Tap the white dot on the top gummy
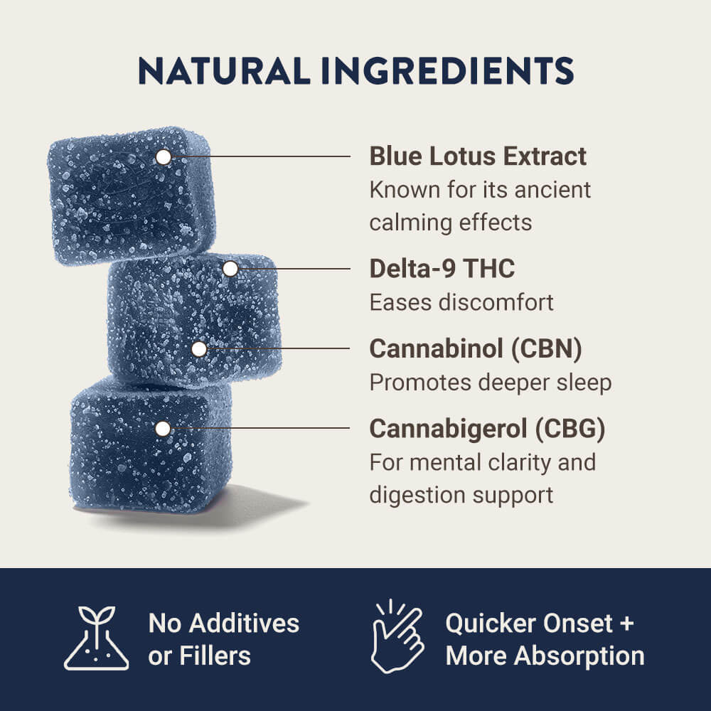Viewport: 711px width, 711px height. point(164,157)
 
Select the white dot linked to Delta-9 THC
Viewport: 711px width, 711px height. point(230,269)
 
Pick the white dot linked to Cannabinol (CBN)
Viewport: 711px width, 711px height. point(199,349)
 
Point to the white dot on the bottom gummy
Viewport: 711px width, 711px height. point(163,429)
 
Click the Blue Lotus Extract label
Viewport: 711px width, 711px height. point(478,156)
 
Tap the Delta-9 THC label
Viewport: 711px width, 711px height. point(442,269)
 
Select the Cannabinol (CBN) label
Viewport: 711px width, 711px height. point(476,349)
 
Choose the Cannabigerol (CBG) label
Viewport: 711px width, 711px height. point(487,429)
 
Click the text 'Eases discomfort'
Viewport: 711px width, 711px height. point(461,302)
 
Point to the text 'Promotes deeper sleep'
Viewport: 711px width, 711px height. point(490,383)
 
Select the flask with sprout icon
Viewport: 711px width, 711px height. point(97,638)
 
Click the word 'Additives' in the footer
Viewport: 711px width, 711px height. point(245,624)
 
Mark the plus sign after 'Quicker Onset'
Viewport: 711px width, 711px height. point(626,624)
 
